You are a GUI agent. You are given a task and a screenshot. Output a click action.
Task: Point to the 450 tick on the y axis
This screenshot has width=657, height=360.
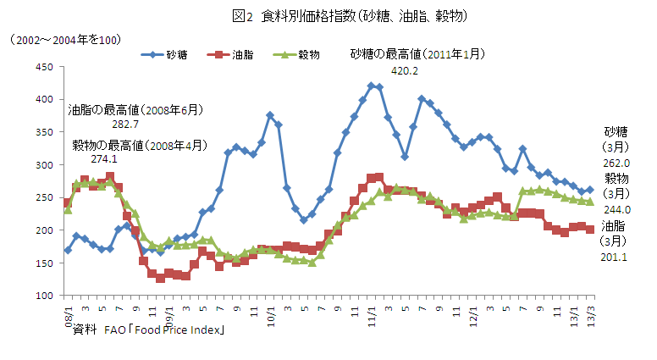pos(43,67)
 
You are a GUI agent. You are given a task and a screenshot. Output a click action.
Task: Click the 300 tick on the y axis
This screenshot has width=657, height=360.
pos(43,165)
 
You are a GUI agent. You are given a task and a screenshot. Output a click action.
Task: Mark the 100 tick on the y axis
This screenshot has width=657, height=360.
pos(43,296)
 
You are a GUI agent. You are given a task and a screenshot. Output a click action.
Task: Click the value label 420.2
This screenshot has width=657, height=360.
pos(404,71)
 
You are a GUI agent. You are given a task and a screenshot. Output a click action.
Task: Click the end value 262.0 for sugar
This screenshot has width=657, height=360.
pos(616,163)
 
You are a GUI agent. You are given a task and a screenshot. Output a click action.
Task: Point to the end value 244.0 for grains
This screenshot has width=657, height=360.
pos(616,209)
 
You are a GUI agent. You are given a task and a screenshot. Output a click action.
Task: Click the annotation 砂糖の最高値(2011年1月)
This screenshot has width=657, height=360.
pos(418,54)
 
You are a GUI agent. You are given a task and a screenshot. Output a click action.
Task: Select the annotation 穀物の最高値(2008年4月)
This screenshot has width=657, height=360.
pos(139,144)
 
